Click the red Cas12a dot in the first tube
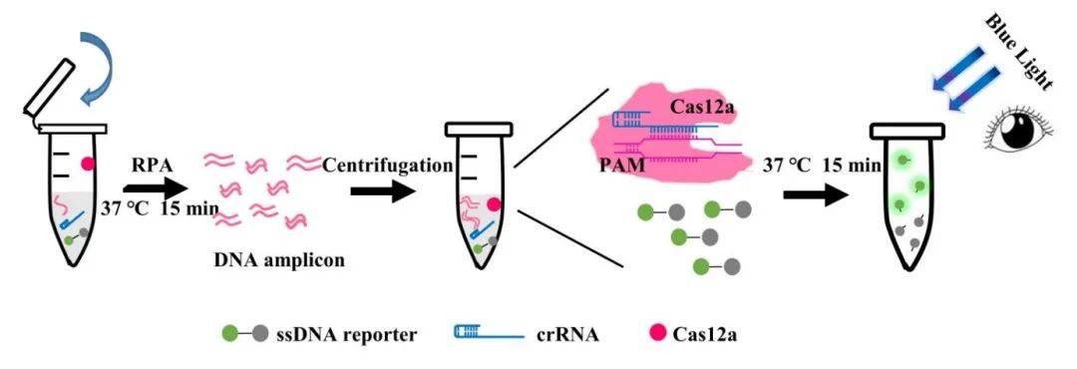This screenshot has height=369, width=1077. click(x=89, y=163)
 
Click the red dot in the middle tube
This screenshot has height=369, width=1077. click(x=494, y=204)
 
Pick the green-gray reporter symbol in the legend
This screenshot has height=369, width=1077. click(x=242, y=334)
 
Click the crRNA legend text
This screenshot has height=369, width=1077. click(x=567, y=334)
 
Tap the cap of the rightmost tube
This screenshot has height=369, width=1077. click(x=907, y=130)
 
